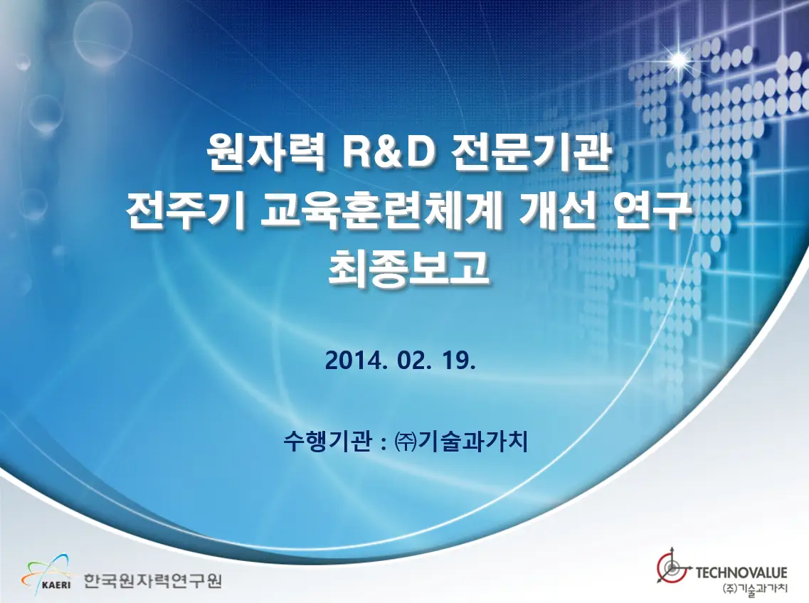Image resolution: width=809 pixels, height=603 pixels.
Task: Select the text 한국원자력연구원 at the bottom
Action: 152,580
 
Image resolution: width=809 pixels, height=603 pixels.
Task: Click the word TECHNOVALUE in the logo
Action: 741,572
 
